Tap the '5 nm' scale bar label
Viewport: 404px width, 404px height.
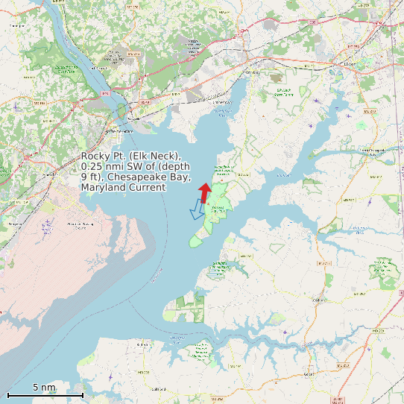tap(44, 388)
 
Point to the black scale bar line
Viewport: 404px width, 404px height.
tap(45, 394)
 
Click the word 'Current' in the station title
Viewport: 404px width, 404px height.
tap(146, 188)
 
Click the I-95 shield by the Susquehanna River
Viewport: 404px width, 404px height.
tap(105, 94)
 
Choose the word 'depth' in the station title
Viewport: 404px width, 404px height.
tap(176, 167)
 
